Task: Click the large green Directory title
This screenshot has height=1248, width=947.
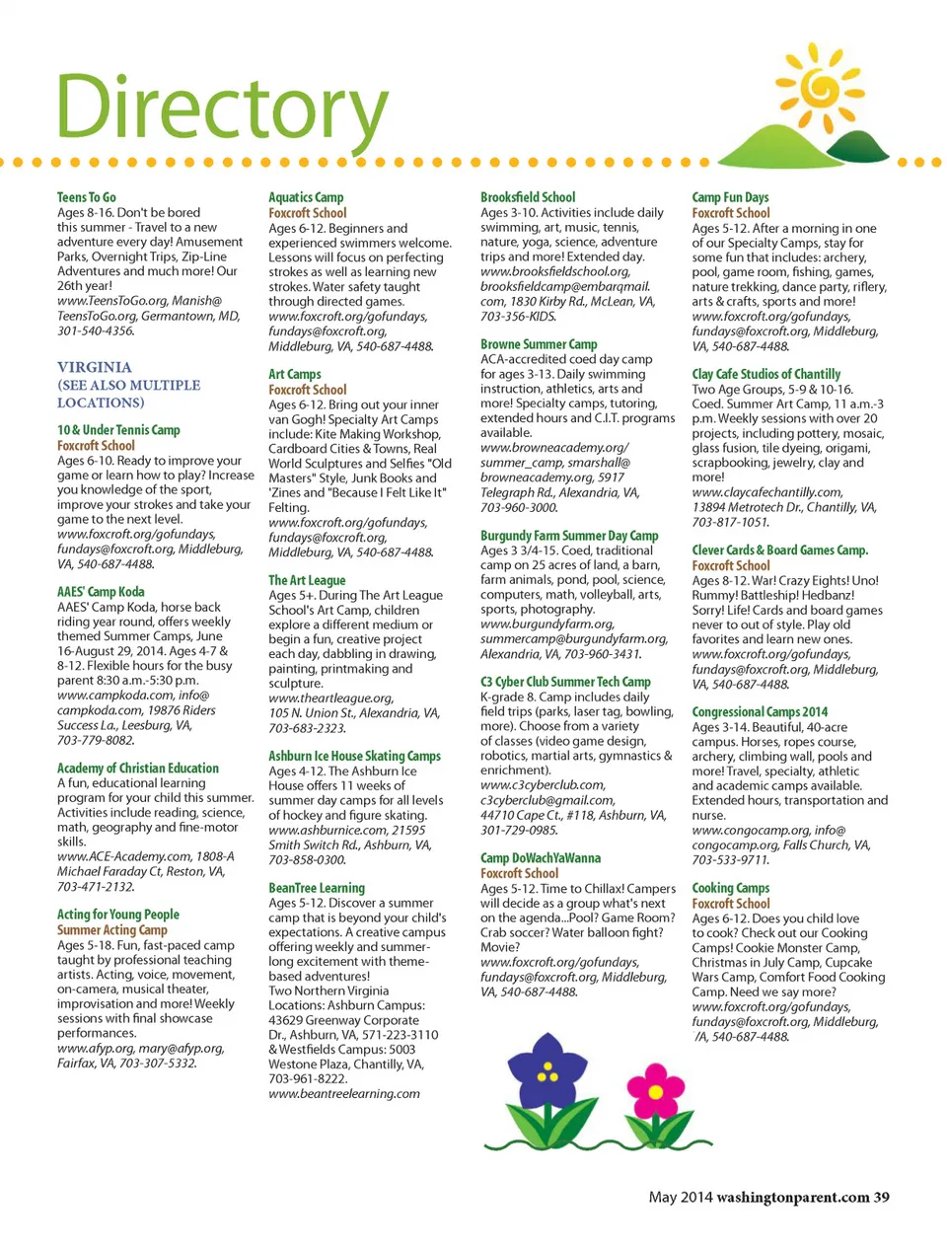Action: [221, 107]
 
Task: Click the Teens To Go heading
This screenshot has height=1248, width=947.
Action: [87, 197]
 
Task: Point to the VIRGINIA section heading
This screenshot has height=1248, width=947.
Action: [94, 367]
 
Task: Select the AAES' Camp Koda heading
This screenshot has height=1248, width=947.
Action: [101, 592]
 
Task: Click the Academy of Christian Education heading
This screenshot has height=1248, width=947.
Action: [138, 768]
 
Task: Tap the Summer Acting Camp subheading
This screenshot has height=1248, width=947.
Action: [112, 929]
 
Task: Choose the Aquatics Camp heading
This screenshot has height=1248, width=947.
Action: [306, 197]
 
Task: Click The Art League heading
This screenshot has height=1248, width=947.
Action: [307, 580]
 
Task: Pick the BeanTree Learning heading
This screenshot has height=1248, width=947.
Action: [317, 888]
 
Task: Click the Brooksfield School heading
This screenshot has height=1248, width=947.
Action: [528, 197]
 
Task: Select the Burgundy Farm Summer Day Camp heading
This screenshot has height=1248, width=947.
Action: [569, 536]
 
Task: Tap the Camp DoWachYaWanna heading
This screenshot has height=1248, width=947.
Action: [541, 858]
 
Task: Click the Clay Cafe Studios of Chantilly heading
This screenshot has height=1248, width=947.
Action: [766, 374]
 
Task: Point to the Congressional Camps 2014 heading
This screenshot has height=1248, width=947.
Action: [760, 711]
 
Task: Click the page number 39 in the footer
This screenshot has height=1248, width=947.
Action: [881, 1197]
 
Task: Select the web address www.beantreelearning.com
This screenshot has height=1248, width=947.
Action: [344, 1093]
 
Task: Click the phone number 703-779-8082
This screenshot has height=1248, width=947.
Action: [96, 740]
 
